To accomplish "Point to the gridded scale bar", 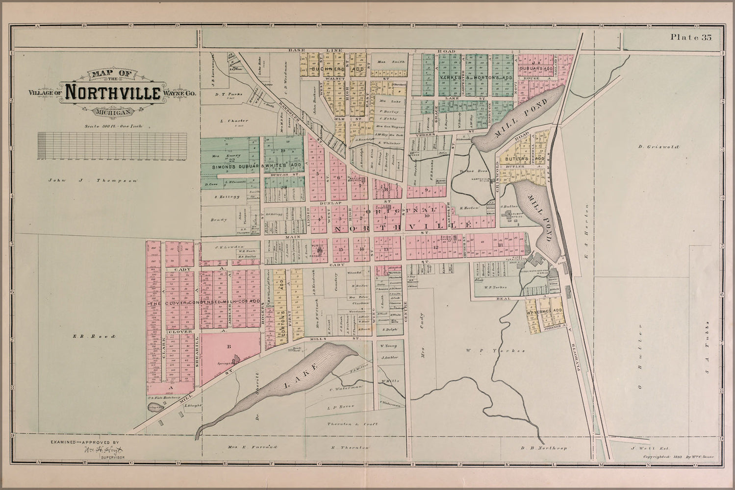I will click(x=112, y=146).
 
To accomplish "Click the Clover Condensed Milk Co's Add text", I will click(x=205, y=302).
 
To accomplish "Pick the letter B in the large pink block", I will click(x=228, y=346).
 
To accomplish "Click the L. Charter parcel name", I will click(x=234, y=121).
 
